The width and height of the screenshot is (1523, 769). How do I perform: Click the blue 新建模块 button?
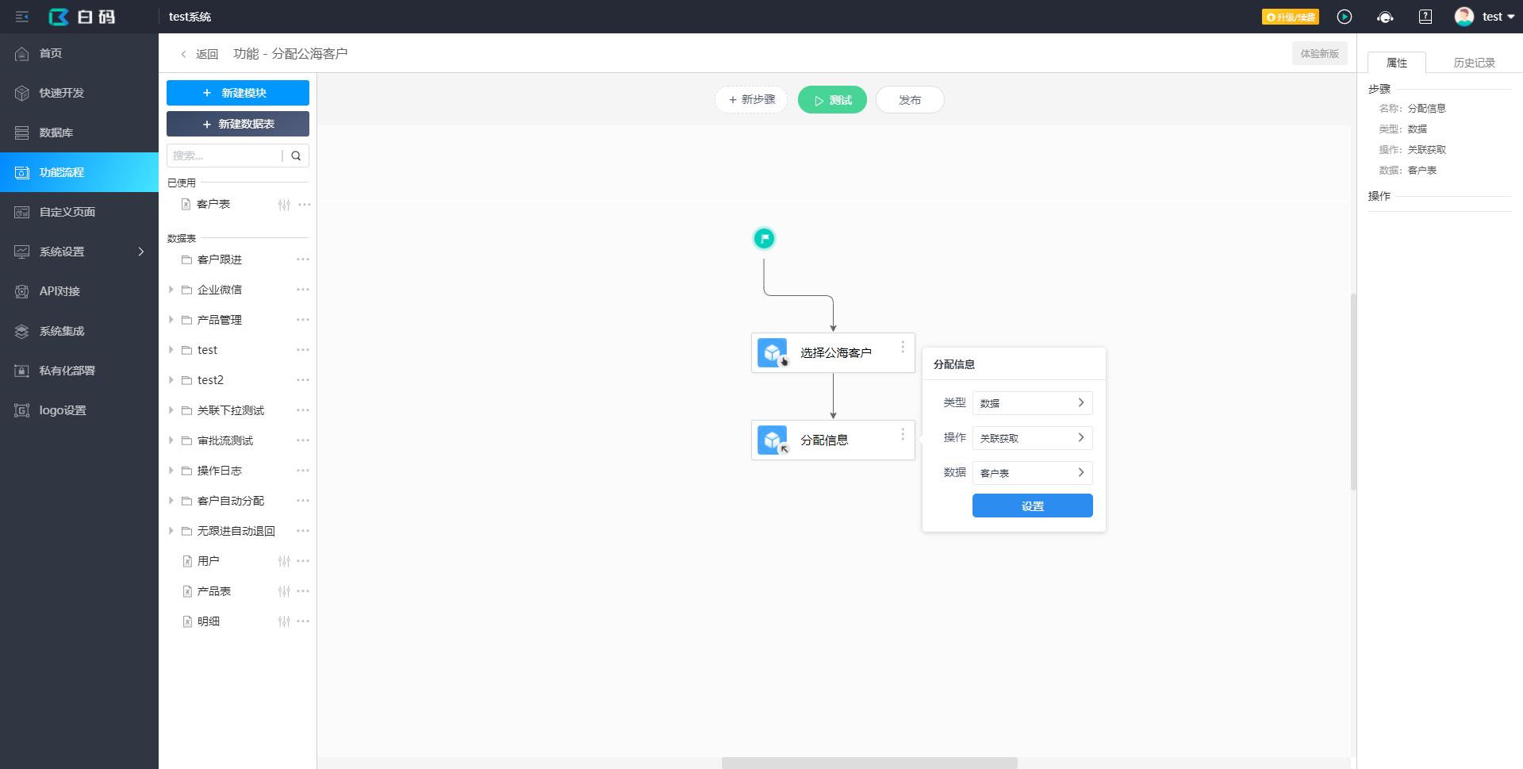click(238, 93)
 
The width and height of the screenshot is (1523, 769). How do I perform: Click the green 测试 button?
click(832, 100)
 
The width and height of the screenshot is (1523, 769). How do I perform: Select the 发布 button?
click(910, 100)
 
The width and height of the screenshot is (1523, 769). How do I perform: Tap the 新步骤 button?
click(751, 100)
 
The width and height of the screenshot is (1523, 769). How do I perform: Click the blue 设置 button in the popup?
click(1033, 506)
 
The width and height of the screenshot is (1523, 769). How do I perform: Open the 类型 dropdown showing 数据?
click(1033, 403)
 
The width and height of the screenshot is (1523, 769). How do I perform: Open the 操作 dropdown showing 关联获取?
click(1033, 438)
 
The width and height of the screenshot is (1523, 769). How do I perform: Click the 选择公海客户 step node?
click(833, 352)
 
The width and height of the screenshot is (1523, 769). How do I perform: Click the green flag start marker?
click(764, 238)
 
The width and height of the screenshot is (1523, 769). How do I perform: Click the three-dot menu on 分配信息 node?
click(903, 434)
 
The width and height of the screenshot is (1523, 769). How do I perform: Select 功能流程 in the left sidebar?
click(79, 172)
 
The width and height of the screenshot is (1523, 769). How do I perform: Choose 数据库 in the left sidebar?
click(79, 133)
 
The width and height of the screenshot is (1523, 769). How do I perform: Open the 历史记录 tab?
click(1474, 63)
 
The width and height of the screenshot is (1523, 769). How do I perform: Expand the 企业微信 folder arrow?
click(171, 290)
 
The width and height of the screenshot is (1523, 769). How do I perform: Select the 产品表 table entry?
click(214, 591)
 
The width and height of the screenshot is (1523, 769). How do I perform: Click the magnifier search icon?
click(296, 156)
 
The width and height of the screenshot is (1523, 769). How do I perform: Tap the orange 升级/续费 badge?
click(1291, 17)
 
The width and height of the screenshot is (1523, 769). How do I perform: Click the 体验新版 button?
click(1320, 54)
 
